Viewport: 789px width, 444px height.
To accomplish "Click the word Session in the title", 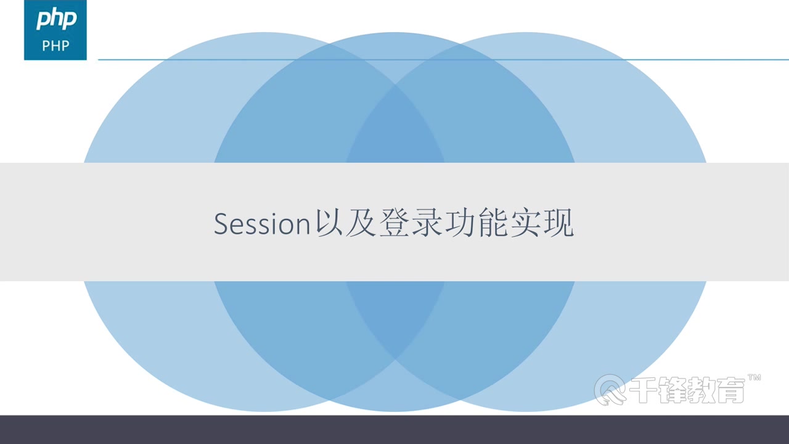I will click(x=261, y=224).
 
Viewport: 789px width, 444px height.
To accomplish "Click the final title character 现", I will click(x=558, y=224).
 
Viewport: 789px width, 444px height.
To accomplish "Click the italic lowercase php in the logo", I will click(x=55, y=20).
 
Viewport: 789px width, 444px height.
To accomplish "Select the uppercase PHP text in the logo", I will click(x=55, y=46).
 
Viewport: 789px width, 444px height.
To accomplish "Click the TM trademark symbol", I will click(x=754, y=377).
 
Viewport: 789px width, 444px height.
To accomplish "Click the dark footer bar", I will click(x=394, y=430).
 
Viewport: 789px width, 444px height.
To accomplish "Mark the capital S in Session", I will click(x=221, y=224).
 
